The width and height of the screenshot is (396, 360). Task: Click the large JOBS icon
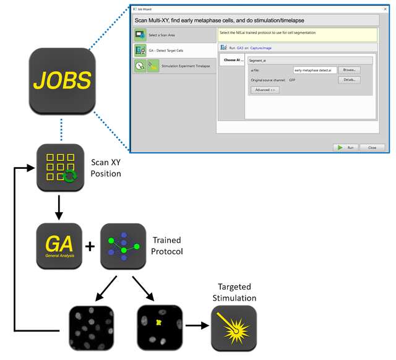[x=61, y=80]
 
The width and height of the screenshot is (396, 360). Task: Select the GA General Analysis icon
[x=59, y=246]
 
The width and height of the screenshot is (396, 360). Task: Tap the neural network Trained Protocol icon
[x=123, y=246]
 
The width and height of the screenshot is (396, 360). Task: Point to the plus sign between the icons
[x=90, y=246]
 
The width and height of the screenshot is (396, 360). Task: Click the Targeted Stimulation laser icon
[x=233, y=328]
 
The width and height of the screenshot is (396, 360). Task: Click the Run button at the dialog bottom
[x=347, y=148]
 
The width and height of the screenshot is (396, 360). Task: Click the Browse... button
[x=348, y=71]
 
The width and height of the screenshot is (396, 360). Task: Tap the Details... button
[x=348, y=80]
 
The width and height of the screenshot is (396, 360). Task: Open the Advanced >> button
[x=265, y=90]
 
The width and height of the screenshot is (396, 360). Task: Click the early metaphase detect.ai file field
[x=315, y=71]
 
